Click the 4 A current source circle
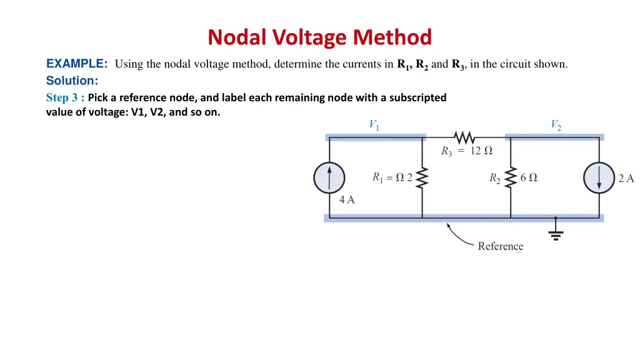[x=329, y=178]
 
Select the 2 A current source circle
[x=599, y=178]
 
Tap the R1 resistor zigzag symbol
[x=422, y=178]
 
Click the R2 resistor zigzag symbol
[x=511, y=178]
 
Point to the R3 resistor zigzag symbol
[x=464, y=137]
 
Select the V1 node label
[x=374, y=125]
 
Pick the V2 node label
[x=556, y=125]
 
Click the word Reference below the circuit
[x=501, y=246]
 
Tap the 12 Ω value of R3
[x=481, y=151]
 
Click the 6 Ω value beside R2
[x=529, y=177]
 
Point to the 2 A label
[x=626, y=178]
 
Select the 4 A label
[x=347, y=199]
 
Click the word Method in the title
[x=392, y=37]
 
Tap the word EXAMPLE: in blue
[x=77, y=64]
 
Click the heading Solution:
[x=72, y=81]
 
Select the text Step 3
[x=62, y=97]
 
